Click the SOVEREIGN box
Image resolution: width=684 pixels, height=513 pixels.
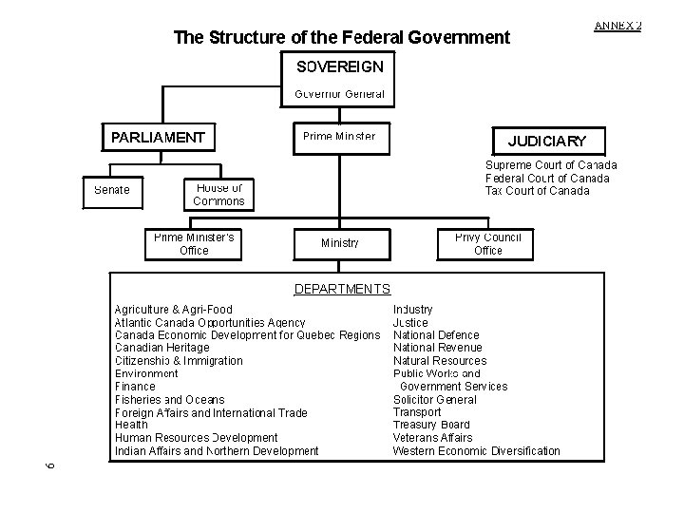(x=340, y=67)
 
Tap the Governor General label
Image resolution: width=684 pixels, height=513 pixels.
(x=340, y=94)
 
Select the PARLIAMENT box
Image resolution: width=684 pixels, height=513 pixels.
(x=158, y=138)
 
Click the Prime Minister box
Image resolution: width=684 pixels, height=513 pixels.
(x=339, y=137)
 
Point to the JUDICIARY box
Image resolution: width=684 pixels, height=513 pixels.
(x=547, y=142)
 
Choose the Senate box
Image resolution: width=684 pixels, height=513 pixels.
(x=112, y=190)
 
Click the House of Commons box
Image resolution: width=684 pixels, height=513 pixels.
(x=218, y=194)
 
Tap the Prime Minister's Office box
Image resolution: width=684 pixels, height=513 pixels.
(x=194, y=244)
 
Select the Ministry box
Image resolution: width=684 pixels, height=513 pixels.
(x=339, y=244)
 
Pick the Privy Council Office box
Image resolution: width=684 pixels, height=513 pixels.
(x=487, y=244)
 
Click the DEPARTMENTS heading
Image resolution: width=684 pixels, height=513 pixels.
(x=342, y=289)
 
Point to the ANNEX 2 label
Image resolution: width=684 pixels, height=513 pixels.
(x=617, y=25)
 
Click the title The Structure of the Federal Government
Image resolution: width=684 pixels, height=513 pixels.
(x=342, y=38)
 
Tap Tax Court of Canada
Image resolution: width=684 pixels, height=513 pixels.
(x=537, y=191)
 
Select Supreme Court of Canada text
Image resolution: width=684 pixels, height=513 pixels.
(x=551, y=165)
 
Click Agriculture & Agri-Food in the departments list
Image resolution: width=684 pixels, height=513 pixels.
(x=173, y=310)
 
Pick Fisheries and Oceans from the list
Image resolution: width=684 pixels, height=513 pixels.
(x=169, y=400)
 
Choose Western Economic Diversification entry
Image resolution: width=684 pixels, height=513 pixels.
(x=476, y=451)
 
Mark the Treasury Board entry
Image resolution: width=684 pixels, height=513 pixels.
(x=431, y=426)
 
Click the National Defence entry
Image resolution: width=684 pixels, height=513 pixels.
(x=436, y=335)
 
